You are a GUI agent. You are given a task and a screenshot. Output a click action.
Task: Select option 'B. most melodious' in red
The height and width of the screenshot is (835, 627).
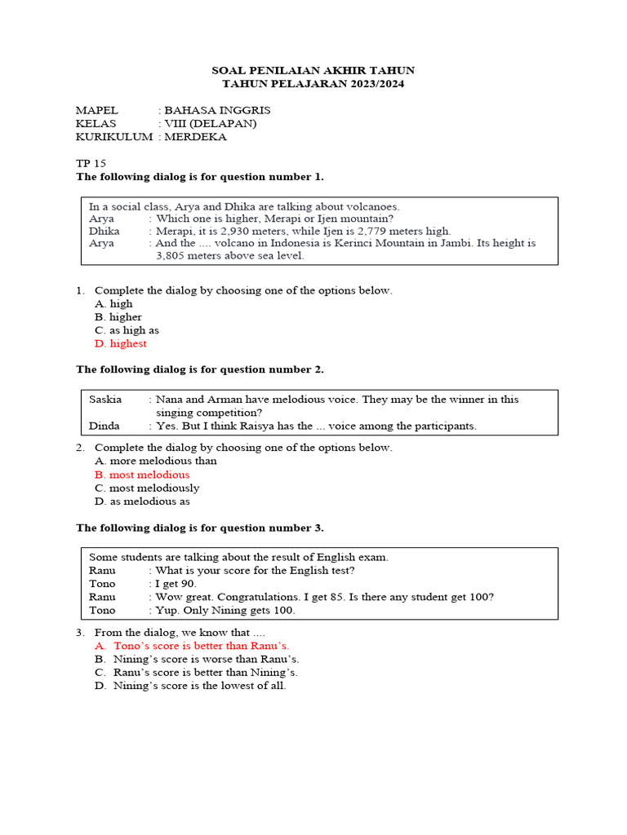(x=142, y=475)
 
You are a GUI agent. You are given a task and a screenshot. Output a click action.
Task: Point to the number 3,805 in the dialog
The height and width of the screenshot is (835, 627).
(x=171, y=255)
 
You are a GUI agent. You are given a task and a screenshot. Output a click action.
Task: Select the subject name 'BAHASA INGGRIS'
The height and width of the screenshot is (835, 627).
(x=217, y=110)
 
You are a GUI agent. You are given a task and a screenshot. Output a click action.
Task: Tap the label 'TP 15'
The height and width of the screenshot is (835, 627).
(x=91, y=163)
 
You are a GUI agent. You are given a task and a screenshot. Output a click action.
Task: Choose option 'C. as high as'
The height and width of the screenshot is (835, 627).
(x=127, y=330)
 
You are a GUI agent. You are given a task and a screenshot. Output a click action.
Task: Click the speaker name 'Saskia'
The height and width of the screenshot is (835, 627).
(x=105, y=400)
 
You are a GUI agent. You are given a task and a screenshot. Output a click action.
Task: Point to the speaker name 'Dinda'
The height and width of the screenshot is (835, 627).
(x=104, y=426)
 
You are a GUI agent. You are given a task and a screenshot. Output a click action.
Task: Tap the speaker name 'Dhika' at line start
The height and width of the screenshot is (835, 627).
(x=104, y=231)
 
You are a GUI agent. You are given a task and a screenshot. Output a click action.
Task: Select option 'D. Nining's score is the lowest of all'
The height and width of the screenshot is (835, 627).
(x=190, y=686)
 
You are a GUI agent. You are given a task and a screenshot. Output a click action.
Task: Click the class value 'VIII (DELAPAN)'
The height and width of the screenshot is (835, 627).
(x=211, y=123)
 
